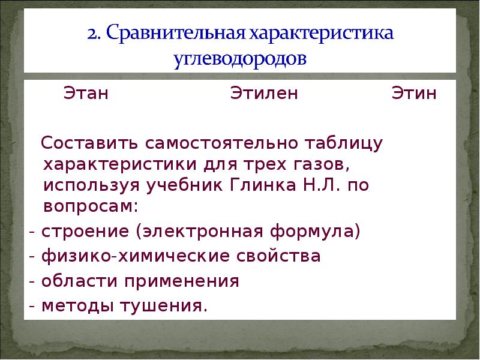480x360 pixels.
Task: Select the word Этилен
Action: pos(264,94)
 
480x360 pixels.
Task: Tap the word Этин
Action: pos(414,94)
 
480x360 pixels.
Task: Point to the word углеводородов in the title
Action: pos(239,59)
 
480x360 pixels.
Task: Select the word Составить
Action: pos(88,144)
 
